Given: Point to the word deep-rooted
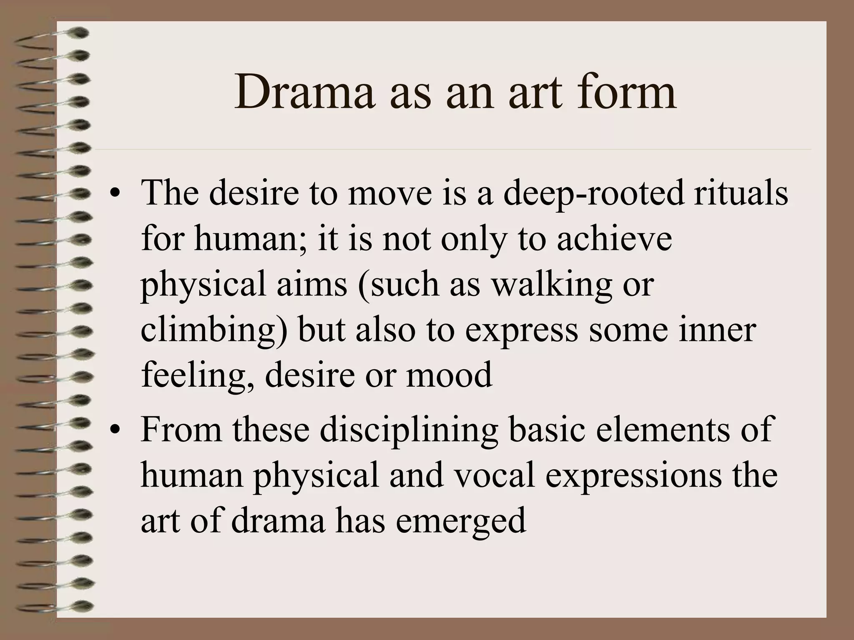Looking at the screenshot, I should click(x=594, y=194).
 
